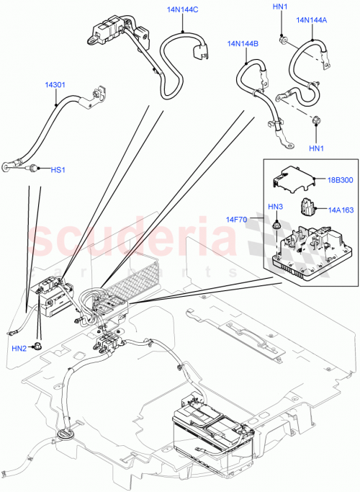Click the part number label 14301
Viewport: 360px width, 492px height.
56,85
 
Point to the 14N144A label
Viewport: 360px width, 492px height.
312,20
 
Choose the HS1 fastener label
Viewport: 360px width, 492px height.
58,170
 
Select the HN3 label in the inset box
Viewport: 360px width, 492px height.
276,207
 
